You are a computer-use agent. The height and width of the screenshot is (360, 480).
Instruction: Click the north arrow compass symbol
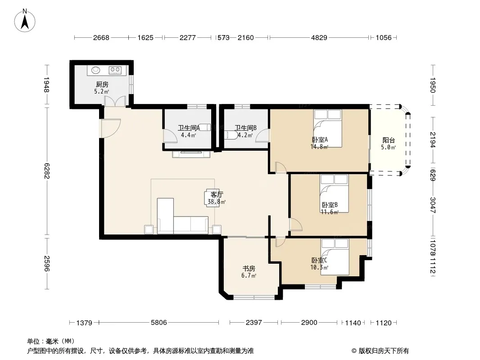pyautogui.click(x=25, y=21)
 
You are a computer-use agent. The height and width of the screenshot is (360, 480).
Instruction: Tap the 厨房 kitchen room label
pyautogui.click(x=102, y=85)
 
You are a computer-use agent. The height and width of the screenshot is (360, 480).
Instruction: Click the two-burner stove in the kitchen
pyautogui.click(x=115, y=70)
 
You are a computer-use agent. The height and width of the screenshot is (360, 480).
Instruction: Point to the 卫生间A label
pyautogui.click(x=189, y=128)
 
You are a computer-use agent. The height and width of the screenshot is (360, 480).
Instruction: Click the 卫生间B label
pyautogui.click(x=245, y=128)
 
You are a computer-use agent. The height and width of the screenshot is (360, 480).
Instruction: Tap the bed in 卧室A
pyautogui.click(x=327, y=128)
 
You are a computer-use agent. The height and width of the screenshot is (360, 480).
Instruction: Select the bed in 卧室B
pyautogui.click(x=334, y=193)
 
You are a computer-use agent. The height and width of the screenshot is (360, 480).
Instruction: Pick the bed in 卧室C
pyautogui.click(x=335, y=257)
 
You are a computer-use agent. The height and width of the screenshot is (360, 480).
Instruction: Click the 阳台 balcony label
pyautogui.click(x=389, y=140)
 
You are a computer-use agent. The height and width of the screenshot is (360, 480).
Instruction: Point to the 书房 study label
pyautogui.click(x=249, y=269)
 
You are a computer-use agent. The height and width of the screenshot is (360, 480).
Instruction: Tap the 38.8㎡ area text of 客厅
pyautogui.click(x=217, y=202)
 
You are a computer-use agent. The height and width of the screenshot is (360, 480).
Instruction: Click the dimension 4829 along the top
pyautogui.click(x=319, y=38)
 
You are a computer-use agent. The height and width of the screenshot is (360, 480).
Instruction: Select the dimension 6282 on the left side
pyautogui.click(x=46, y=171)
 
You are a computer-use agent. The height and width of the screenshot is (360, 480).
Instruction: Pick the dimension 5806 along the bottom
pyautogui.click(x=159, y=322)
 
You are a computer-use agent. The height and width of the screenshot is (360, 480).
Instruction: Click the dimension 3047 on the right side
pyautogui.click(x=433, y=205)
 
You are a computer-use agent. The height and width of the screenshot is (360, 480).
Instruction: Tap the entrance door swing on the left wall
pyautogui.click(x=110, y=128)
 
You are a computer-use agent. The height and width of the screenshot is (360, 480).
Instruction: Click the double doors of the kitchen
pyautogui.click(x=115, y=101)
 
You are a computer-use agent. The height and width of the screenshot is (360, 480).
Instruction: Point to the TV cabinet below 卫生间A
pyautogui.click(x=191, y=154)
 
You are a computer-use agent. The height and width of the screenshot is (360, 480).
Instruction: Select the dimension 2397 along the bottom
pyautogui.click(x=254, y=322)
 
